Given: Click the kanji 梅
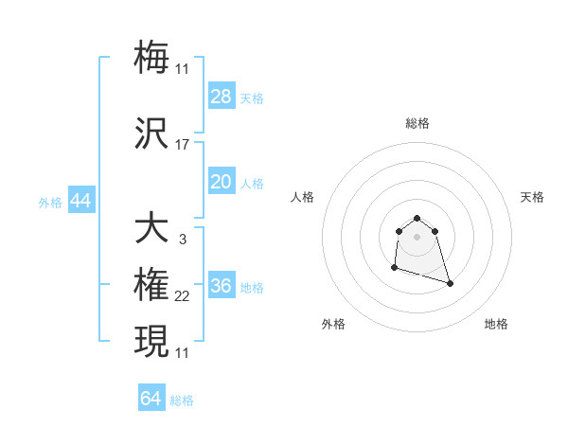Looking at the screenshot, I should (151, 56).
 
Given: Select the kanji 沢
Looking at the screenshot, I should (151, 133).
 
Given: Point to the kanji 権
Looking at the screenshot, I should (151, 285).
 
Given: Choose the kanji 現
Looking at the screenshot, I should (151, 341).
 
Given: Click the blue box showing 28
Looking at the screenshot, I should (222, 97).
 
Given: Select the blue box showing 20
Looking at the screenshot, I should (222, 182).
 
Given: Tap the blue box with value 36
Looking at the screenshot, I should (222, 286).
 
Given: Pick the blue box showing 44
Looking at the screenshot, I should (80, 201).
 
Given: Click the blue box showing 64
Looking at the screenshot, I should (151, 399).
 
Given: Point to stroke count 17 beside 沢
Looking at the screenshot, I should (183, 145).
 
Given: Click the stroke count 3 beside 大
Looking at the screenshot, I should (183, 240).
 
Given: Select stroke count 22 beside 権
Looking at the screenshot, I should (183, 296).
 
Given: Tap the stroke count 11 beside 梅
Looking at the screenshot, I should (183, 68).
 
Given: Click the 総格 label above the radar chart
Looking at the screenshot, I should (417, 123).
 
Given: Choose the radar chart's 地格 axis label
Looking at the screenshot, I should (496, 324).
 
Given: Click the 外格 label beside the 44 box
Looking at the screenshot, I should (50, 202).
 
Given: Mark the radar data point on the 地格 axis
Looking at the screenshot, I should (450, 283).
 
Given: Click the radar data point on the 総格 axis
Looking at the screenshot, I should (417, 215).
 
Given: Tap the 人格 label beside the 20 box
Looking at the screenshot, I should (252, 183).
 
